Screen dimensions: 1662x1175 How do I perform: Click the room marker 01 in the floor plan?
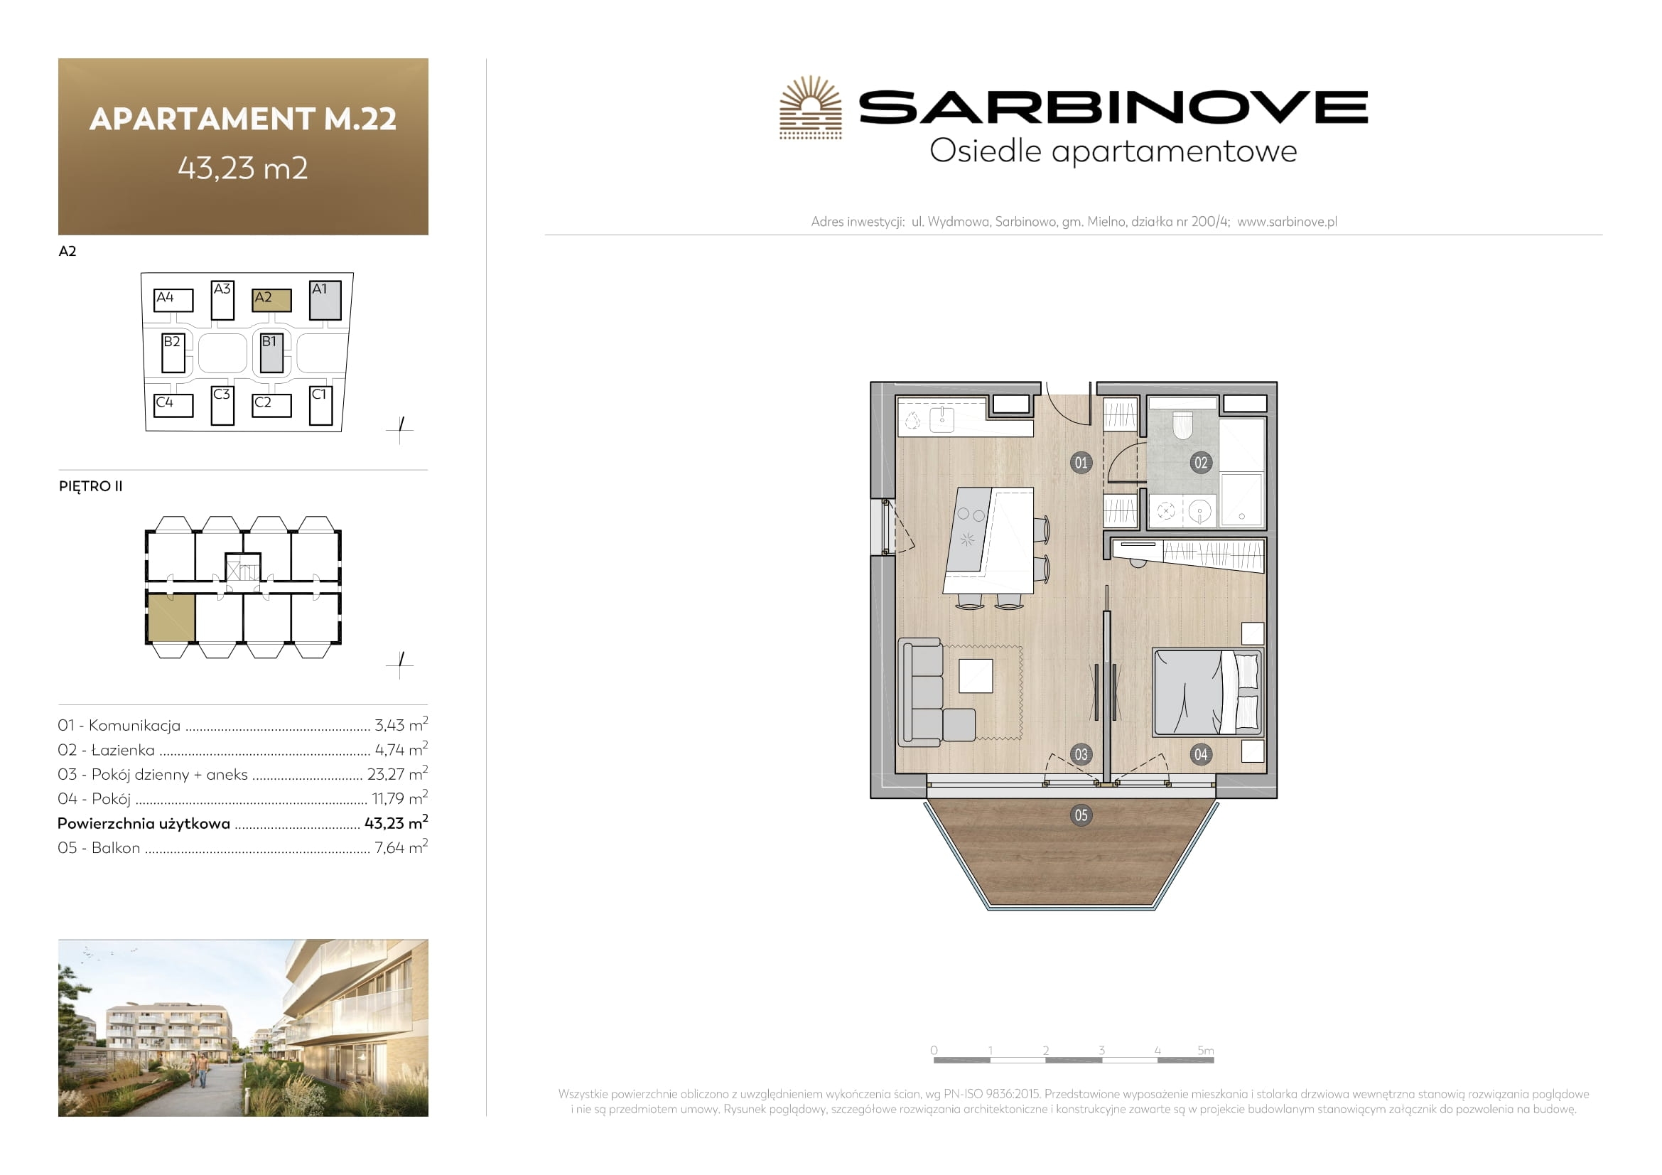pos(1080,463)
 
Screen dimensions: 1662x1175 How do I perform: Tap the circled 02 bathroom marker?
pos(1201,463)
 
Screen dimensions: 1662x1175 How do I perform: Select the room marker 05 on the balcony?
pos(1081,815)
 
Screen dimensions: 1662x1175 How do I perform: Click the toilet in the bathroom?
pos(1182,425)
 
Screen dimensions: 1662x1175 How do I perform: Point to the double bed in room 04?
pos(1207,692)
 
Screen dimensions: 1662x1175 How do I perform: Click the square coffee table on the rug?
pos(976,676)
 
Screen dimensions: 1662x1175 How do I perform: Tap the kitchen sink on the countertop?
pos(941,420)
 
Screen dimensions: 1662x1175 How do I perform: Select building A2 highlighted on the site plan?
pos(271,300)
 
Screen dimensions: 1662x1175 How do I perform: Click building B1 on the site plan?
pos(271,353)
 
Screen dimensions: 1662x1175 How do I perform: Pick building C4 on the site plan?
pos(173,405)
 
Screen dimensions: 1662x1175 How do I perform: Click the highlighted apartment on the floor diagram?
pos(171,618)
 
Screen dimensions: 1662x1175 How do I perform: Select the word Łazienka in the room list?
pos(123,750)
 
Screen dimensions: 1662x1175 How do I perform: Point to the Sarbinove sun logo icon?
pos(811,107)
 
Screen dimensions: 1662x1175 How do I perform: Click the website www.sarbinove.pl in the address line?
pos(1287,222)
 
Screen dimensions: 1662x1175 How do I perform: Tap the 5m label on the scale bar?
pos(1205,1050)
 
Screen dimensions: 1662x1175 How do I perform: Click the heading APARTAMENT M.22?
pos(243,119)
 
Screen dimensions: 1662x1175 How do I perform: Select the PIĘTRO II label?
pos(90,486)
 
